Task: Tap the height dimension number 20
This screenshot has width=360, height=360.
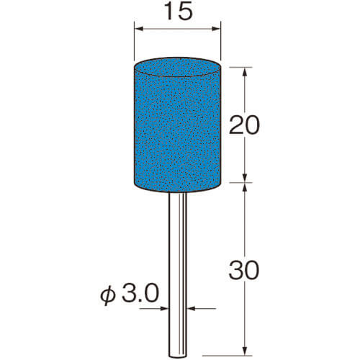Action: click(x=244, y=125)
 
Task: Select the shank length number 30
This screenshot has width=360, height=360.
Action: click(x=244, y=271)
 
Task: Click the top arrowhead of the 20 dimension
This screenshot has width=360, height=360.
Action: click(x=245, y=72)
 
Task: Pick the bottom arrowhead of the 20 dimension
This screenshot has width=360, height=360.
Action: click(x=245, y=178)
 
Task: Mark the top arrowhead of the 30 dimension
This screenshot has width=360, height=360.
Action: click(x=245, y=187)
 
